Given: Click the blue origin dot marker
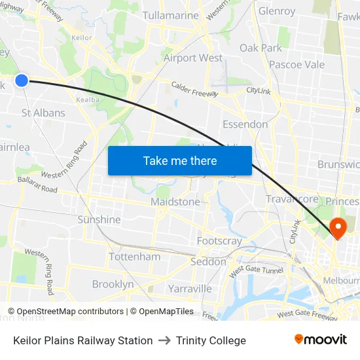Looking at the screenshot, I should (x=22, y=81).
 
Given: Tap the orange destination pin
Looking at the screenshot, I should (x=338, y=228).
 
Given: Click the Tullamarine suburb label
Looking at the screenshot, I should (x=170, y=15).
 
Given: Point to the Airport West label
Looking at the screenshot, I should (x=193, y=58).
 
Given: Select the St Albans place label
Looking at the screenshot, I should (x=43, y=113).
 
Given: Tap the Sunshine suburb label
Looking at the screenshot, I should (x=99, y=220).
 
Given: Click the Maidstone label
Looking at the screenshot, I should (x=175, y=202).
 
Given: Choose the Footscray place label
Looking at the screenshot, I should (x=219, y=241).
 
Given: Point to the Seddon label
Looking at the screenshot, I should (x=208, y=262).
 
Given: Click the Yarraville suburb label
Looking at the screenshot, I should (x=190, y=288).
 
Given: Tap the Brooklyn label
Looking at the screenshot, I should (x=113, y=284).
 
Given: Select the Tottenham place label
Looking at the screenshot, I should (x=134, y=257).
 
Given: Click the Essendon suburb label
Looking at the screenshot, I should (x=245, y=124).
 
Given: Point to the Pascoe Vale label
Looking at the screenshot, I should (x=297, y=65).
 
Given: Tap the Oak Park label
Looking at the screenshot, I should (x=261, y=48).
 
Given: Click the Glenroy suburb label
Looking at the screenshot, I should (x=277, y=11).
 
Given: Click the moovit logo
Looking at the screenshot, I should (x=321, y=340).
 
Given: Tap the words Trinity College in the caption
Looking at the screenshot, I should (x=211, y=340).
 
